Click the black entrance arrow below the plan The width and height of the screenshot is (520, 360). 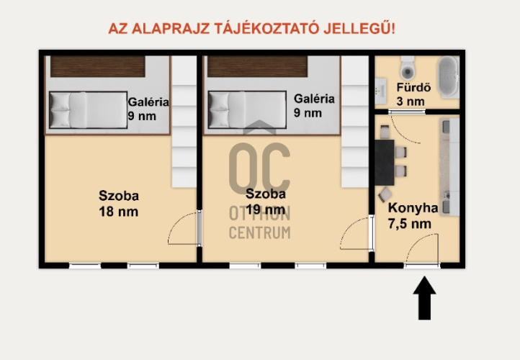pos(424,297)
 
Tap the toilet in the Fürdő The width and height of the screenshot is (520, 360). pos(407,68)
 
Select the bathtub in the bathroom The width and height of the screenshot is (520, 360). pos(449,77)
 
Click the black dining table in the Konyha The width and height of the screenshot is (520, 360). pos(385,163)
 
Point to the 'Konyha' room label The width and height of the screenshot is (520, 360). pos(413,208)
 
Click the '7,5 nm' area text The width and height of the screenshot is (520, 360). pos(410,224)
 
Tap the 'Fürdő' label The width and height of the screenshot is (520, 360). pos(414,87)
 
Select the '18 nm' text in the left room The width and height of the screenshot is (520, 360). pos(118,212)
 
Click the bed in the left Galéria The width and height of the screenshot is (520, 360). pos(88,109)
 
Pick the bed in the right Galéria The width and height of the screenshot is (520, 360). pos(247,109)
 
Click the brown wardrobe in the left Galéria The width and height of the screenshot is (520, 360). pos(98,67)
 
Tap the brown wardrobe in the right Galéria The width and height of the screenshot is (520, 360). pos(257,67)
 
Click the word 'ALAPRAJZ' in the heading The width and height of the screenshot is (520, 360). pos(171,29)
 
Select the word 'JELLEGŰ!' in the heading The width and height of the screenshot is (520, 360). pos(359,28)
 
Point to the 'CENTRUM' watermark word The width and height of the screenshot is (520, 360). pos(260,233)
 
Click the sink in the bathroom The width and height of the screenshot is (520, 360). pos(380,89)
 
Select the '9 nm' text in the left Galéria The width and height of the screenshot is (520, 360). pos(142,116)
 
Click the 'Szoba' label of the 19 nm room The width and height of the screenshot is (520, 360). pos(266,194)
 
